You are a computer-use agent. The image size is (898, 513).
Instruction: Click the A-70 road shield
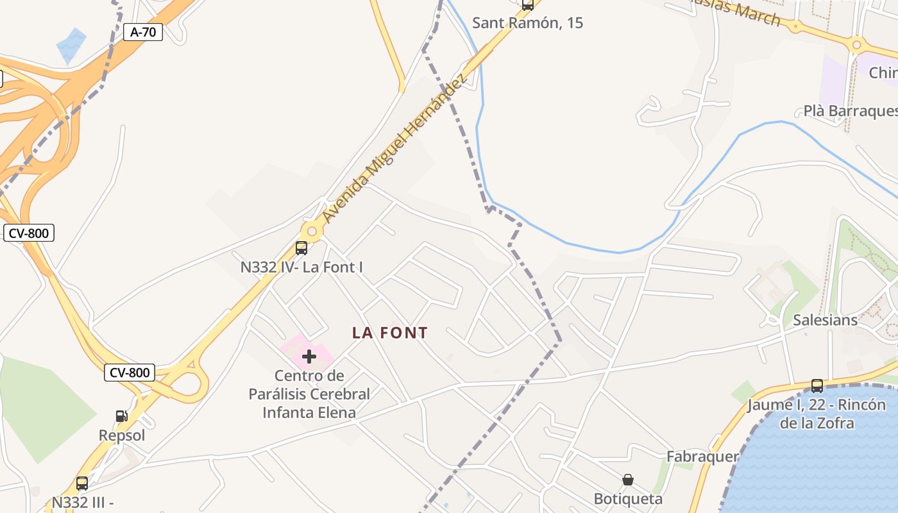click(x=143, y=32)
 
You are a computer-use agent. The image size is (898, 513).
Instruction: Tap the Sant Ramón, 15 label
click(x=527, y=23)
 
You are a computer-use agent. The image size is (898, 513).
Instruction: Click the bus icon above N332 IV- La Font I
click(x=301, y=248)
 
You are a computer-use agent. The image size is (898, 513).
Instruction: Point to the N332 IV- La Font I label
click(x=301, y=267)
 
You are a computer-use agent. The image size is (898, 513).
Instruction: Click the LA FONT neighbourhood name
click(x=390, y=333)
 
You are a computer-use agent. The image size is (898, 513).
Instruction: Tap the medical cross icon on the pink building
click(x=309, y=357)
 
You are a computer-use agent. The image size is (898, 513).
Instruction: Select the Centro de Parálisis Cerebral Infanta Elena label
click(x=309, y=394)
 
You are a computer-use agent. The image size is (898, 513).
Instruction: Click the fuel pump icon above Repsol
click(x=121, y=416)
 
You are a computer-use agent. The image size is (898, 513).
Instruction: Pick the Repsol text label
click(x=122, y=435)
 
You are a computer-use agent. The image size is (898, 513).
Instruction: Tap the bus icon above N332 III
click(x=82, y=484)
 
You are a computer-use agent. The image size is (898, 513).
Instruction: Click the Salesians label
click(x=825, y=320)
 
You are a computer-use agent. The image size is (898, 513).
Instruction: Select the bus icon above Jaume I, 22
click(x=817, y=386)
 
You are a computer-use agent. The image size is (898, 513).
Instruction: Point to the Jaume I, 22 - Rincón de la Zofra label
click(x=817, y=414)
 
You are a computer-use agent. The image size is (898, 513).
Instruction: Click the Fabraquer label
click(x=702, y=457)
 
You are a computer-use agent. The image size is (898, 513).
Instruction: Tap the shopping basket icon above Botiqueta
click(x=628, y=480)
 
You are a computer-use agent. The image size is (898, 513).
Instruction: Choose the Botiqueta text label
click(x=628, y=498)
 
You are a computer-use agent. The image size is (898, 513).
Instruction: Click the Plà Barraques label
click(x=850, y=111)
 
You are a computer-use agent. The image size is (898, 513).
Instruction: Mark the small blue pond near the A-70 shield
click(x=71, y=45)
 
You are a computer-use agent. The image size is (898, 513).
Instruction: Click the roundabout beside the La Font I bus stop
click(x=312, y=231)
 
